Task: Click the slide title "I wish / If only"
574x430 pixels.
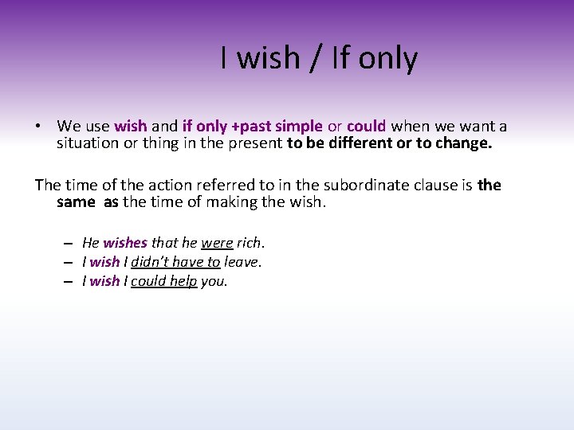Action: (319, 59)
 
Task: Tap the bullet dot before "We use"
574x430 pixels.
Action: (37, 127)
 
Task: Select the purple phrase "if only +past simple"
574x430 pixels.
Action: (252, 126)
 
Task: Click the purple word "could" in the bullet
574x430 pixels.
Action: (367, 126)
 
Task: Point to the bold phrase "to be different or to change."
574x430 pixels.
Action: (390, 143)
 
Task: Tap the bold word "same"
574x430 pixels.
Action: (76, 202)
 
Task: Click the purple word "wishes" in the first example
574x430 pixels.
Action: (125, 243)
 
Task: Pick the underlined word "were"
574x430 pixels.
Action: (217, 243)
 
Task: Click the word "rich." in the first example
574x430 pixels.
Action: (250, 243)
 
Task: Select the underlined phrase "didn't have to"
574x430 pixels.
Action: (175, 262)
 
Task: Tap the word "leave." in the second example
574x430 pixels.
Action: (243, 262)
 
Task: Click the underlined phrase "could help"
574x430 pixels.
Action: (163, 281)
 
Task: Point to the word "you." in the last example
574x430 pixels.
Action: (214, 281)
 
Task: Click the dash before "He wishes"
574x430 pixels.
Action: (70, 243)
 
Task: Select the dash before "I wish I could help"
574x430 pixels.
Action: (70, 281)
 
